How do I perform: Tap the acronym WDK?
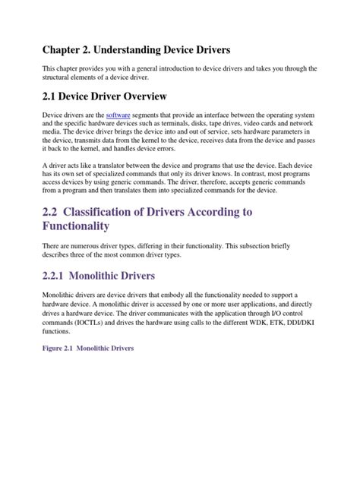[x=260, y=321]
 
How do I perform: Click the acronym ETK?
[x=281, y=321]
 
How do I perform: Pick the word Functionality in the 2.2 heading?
[x=87, y=226]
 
